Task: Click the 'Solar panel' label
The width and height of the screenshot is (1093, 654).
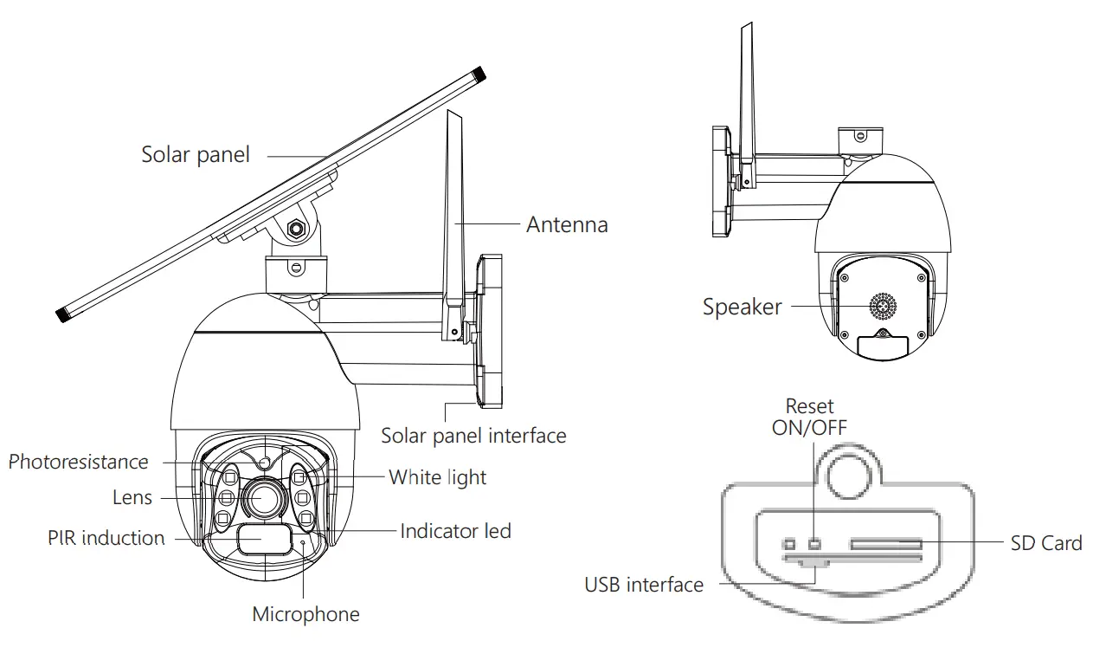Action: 196,155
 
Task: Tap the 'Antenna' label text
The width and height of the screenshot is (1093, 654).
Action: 567,225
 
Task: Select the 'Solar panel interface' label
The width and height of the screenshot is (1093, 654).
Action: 473,435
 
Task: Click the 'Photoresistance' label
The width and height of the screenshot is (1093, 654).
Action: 79,463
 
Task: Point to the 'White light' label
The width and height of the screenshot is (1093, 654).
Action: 437,477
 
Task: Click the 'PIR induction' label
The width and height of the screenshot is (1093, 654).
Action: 106,538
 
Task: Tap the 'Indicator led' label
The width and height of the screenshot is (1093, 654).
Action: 455,531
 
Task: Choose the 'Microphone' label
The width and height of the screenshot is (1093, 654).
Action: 305,615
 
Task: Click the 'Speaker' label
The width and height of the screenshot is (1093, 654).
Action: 742,307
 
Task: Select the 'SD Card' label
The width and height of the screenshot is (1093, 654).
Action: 1045,543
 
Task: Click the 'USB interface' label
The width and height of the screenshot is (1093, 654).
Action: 644,586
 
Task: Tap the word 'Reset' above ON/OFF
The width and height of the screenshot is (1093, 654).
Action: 809,406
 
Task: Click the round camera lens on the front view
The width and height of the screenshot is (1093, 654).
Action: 260,497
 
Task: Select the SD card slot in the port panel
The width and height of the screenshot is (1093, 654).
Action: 885,545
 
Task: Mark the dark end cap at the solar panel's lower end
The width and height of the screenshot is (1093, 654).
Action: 62,314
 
